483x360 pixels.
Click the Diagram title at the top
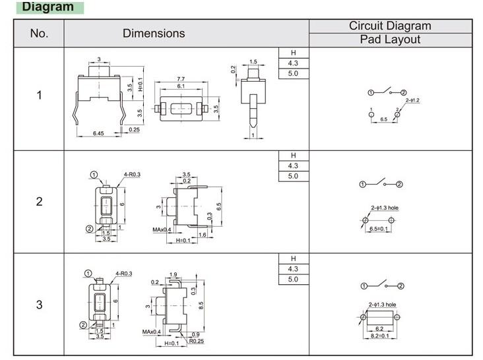(48, 7)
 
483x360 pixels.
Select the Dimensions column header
(154, 33)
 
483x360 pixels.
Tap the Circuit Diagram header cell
(390, 26)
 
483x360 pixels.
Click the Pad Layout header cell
(390, 40)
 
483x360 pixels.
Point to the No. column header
(39, 33)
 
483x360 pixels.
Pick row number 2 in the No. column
(39, 202)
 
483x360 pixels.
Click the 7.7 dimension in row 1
(181, 79)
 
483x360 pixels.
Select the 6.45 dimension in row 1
(98, 133)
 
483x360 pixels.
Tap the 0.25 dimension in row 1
(134, 130)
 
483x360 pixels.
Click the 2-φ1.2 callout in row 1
(412, 100)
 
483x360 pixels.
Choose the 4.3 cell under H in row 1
(294, 63)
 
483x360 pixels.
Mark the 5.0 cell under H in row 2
(294, 176)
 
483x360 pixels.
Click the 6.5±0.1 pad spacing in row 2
(380, 228)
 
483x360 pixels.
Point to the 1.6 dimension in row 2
(202, 235)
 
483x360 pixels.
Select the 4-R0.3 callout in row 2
(133, 174)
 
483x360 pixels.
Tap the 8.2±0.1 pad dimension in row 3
(380, 336)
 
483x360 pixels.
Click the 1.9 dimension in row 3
(174, 274)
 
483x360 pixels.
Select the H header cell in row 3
(294, 258)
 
